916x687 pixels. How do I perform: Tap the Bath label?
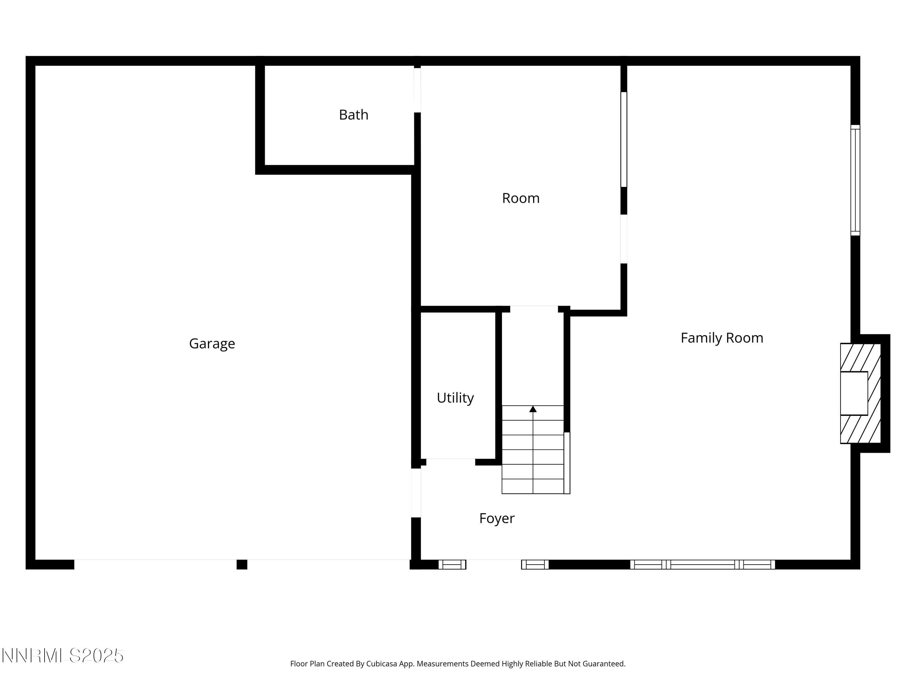point(353,115)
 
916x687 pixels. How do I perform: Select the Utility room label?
point(455,398)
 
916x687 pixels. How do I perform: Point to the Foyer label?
point(496,518)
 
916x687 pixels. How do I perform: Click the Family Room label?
point(722,338)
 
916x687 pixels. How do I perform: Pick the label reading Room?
point(521,198)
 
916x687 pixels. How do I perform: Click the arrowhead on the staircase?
point(533,409)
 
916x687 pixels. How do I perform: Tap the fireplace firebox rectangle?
point(854,393)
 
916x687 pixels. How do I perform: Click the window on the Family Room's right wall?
point(855,180)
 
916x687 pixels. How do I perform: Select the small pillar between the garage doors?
point(242,565)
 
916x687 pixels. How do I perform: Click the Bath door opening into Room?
point(417,90)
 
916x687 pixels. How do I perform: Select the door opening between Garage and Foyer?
point(416,493)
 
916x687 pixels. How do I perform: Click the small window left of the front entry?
point(452,565)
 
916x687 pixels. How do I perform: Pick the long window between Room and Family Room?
point(623,140)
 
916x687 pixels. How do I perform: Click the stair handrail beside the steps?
point(567,463)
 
